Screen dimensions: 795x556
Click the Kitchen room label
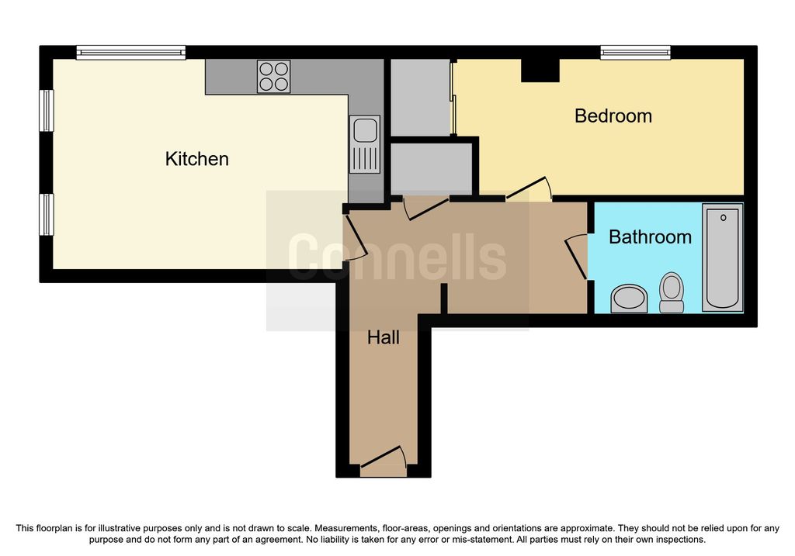pyautogui.click(x=196, y=159)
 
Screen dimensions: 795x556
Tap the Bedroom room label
pyautogui.click(x=613, y=116)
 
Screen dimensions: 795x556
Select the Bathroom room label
pyautogui.click(x=650, y=237)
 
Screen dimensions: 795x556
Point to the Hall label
pyautogui.click(x=384, y=337)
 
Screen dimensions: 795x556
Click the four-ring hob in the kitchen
pyautogui.click(x=274, y=77)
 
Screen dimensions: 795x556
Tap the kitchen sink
pyautogui.click(x=365, y=144)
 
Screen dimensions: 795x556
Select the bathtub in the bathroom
pyautogui.click(x=723, y=257)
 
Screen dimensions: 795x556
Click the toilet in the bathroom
pyautogui.click(x=672, y=292)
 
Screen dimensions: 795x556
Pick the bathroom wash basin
pyautogui.click(x=629, y=299)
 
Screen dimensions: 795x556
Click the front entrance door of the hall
pyautogui.click(x=383, y=461)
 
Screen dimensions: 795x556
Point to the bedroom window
pyautogui.click(x=635, y=53)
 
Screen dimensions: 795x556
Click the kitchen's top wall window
pyautogui.click(x=130, y=53)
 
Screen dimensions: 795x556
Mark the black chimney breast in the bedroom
pyautogui.click(x=540, y=71)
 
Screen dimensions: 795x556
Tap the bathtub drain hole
pyautogui.click(x=723, y=218)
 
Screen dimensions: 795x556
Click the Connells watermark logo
pyautogui.click(x=397, y=257)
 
